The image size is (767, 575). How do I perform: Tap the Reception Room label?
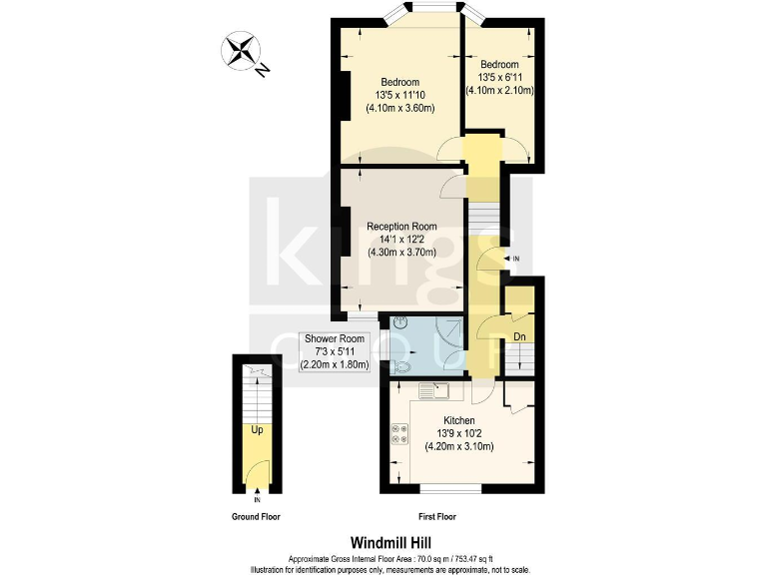(400, 227)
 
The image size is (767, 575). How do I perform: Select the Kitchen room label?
(453, 420)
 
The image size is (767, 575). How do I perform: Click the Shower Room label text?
(335, 339)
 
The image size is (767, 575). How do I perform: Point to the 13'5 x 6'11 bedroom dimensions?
(499, 76)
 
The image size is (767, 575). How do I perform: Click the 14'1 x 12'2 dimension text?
(400, 240)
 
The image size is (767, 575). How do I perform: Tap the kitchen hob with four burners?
(400, 433)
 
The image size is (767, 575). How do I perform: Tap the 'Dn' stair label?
(519, 337)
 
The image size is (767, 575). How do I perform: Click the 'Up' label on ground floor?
(257, 431)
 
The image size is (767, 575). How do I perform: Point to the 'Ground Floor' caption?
(257, 517)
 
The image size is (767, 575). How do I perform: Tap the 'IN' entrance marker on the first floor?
(515, 260)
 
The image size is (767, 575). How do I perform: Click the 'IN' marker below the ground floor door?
(258, 499)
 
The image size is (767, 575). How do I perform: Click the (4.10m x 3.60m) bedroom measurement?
(399, 108)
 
